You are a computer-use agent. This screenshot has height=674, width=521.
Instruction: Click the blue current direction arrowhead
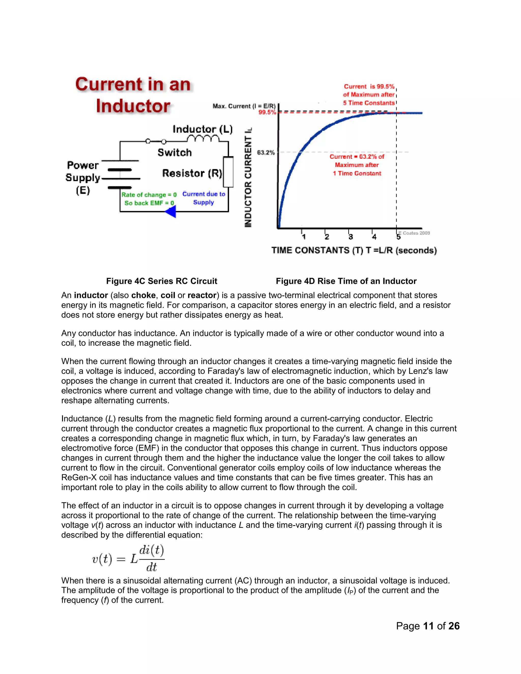171,212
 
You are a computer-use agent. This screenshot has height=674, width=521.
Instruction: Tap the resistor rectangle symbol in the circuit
228,172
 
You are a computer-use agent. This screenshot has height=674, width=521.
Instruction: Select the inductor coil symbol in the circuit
203,139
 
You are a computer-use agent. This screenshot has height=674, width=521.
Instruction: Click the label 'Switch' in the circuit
175,152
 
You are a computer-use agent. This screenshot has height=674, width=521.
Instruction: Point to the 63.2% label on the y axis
266,152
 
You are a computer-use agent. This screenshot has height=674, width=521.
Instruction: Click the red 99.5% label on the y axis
267,112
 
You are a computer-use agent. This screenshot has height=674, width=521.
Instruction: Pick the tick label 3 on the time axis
351,237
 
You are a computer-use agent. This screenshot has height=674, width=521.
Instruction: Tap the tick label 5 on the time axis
398,237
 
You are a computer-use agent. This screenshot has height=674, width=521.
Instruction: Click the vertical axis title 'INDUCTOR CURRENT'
248,178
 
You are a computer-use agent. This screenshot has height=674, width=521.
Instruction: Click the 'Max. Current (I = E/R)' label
244,106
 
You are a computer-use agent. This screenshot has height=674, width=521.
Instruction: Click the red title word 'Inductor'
133,106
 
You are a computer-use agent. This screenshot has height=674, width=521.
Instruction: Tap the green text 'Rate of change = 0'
149,195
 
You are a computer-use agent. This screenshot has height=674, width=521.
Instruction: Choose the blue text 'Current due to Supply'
204,198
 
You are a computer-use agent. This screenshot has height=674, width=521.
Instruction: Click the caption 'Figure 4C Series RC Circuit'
162,281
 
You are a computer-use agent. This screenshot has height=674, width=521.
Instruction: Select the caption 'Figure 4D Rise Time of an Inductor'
346,281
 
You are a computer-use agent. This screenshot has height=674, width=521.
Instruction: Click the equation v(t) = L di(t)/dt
128,559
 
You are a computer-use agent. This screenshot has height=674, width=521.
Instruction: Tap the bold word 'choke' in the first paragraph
143,295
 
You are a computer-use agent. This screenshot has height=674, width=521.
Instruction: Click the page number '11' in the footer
428,626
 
